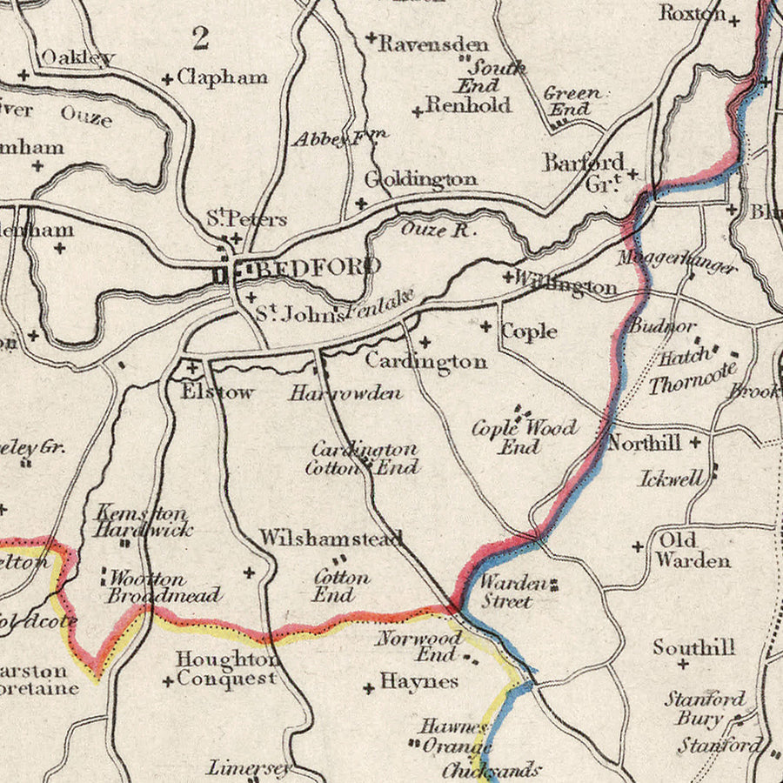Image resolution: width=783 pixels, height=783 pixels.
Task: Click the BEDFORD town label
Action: click(x=318, y=267)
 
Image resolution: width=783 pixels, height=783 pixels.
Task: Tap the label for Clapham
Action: click(x=222, y=77)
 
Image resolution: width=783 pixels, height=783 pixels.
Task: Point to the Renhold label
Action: click(x=468, y=106)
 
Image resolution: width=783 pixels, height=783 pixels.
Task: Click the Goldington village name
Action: click(x=420, y=179)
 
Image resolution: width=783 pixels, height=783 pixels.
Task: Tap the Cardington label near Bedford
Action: click(x=425, y=361)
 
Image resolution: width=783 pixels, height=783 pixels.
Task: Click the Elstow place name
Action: click(x=217, y=391)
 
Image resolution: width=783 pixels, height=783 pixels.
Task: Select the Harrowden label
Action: click(x=346, y=393)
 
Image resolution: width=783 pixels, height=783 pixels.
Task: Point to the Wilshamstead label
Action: click(x=331, y=539)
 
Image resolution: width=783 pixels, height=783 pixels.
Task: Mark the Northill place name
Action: click(x=644, y=443)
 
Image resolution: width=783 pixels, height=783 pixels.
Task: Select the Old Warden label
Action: click(x=693, y=550)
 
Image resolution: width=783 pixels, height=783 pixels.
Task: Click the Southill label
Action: click(x=694, y=647)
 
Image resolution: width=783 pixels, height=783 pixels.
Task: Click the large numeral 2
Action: click(x=201, y=37)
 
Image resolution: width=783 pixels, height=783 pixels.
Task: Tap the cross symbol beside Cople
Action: click(x=486, y=326)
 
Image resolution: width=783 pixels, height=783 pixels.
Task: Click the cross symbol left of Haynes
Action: click(x=369, y=688)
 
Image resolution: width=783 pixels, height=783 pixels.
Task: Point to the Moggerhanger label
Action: click(x=677, y=261)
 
